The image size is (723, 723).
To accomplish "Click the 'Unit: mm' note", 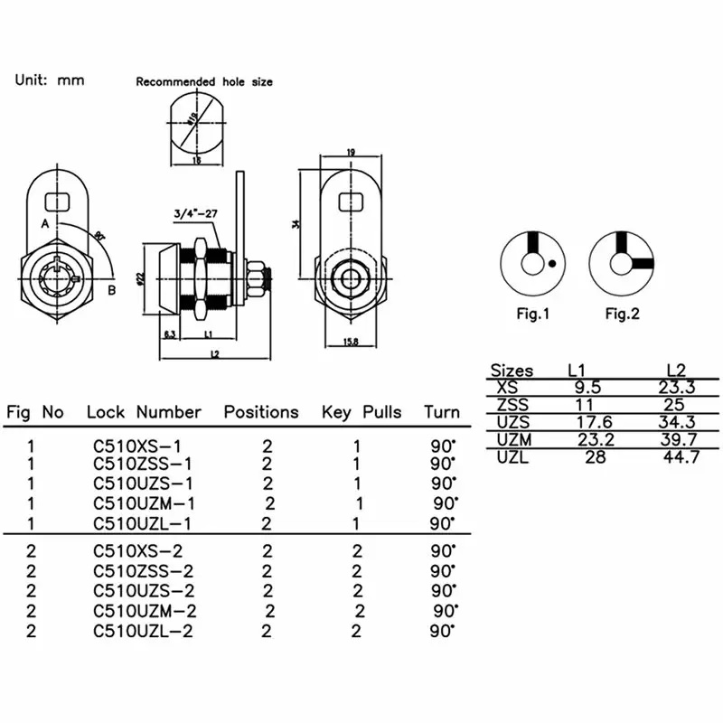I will (50, 80).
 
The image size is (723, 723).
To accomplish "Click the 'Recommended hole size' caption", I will (204, 81).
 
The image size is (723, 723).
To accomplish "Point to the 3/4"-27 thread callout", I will (197, 214).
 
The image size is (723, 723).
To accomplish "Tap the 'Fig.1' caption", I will (533, 315).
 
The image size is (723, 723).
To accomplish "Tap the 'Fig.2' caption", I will (622, 315).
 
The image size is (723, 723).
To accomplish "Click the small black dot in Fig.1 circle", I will (550, 265).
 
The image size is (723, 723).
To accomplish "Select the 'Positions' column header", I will (261, 412).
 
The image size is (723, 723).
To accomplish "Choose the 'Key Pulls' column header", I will (361, 412).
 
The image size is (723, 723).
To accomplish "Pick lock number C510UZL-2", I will (143, 632).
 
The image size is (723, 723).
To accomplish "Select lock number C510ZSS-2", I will (143, 571).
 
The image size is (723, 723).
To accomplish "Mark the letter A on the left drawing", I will (44, 222).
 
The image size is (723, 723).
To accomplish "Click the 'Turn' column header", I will (442, 412).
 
